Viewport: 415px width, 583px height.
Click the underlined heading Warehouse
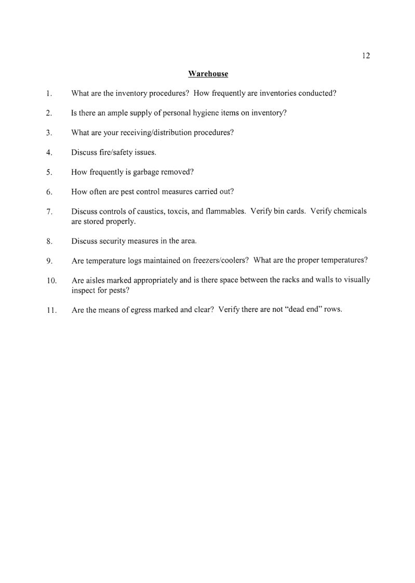coord(208,74)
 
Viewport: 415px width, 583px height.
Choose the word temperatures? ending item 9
coord(345,260)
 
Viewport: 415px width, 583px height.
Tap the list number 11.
coord(50,310)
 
